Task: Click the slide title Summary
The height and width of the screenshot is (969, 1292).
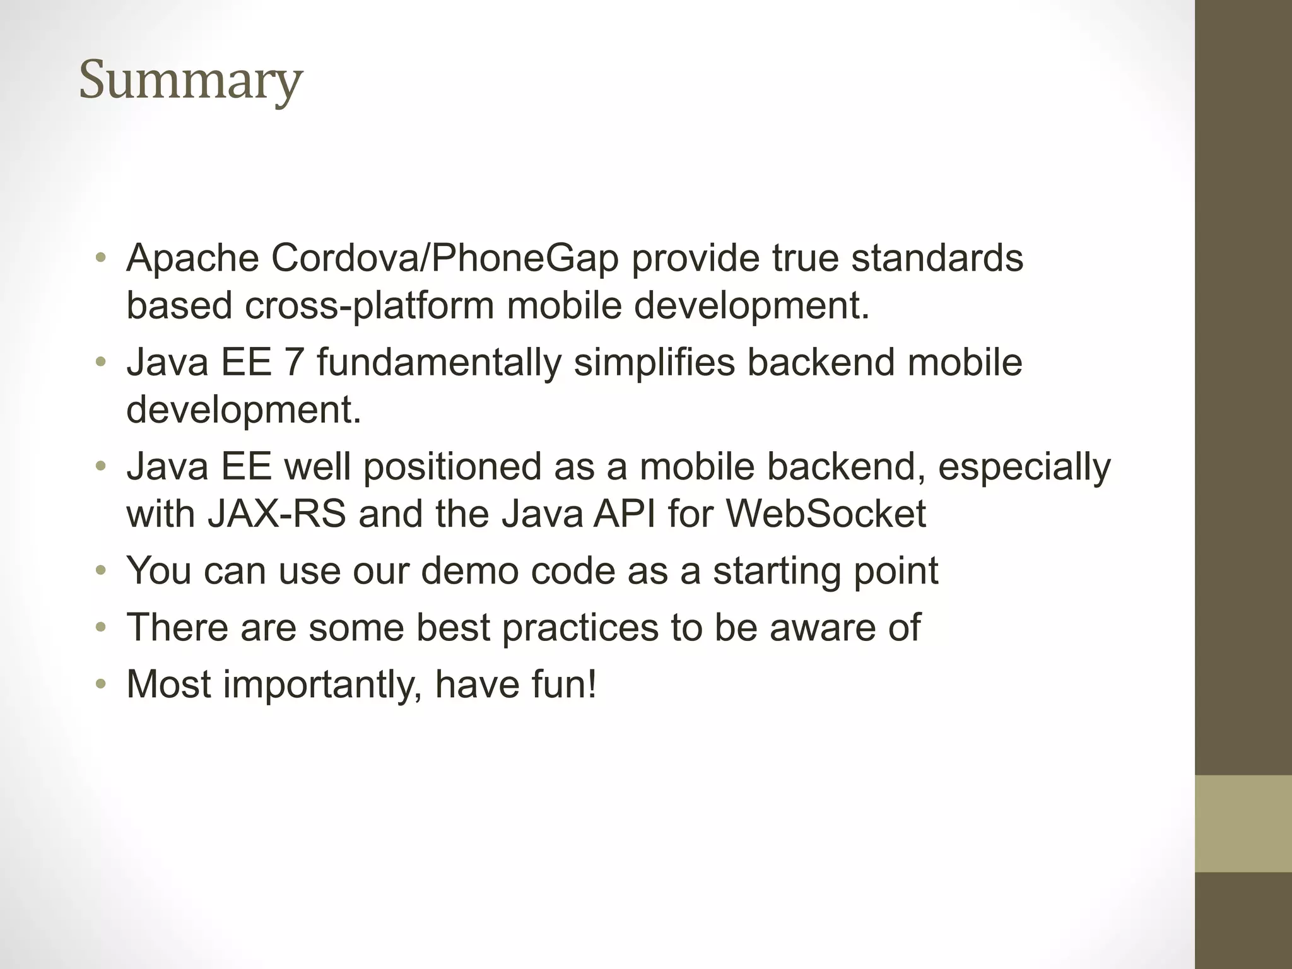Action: [x=191, y=81]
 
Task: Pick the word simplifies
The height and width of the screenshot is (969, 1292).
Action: [x=654, y=363]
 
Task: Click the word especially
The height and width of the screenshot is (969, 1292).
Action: [x=1024, y=467]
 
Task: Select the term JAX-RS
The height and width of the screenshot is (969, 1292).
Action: [x=276, y=514]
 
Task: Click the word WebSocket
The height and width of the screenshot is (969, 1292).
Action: [x=826, y=514]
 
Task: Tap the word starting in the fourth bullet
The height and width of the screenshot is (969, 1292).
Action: [x=777, y=572]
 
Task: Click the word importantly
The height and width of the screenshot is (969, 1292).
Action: [x=322, y=685]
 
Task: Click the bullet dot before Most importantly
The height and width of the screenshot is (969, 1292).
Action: [x=101, y=685]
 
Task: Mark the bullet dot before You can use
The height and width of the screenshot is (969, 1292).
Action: [x=101, y=571]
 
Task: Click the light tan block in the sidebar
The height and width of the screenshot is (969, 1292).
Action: [x=1243, y=823]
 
